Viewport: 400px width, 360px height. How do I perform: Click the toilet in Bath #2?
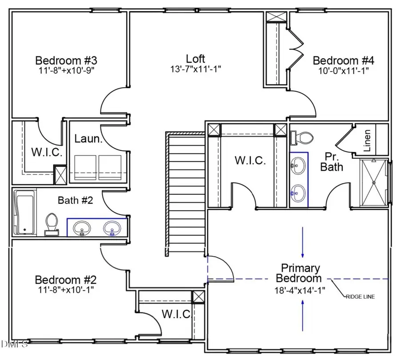pos(52,224)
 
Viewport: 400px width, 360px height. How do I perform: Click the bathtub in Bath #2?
pos(24,212)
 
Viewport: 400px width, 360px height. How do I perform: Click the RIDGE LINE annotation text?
pos(360,296)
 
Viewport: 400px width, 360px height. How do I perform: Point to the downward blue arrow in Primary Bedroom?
pos(303,242)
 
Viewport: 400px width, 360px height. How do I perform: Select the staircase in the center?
pos(185,193)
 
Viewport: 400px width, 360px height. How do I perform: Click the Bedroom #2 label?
pos(65,280)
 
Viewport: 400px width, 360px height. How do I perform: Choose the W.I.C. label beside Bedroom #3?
pos(46,152)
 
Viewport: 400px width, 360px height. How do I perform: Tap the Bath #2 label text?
pos(75,200)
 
